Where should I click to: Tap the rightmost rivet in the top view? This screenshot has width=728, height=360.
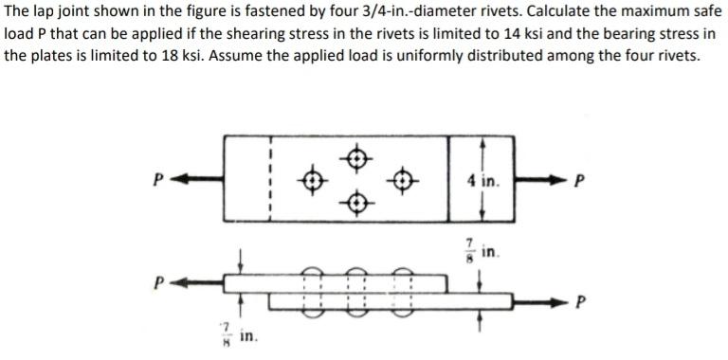tap(402, 178)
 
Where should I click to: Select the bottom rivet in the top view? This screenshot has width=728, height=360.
tap(355, 201)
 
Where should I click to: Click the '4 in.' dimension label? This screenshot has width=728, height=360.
tap(485, 180)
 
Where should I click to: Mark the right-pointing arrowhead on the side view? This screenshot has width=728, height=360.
tap(573, 302)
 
